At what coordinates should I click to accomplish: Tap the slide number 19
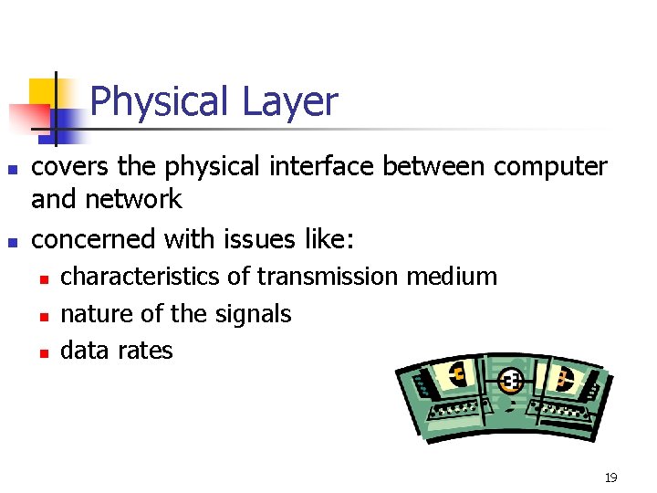[610, 477]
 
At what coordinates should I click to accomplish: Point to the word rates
[145, 351]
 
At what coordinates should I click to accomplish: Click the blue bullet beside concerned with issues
[12, 242]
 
